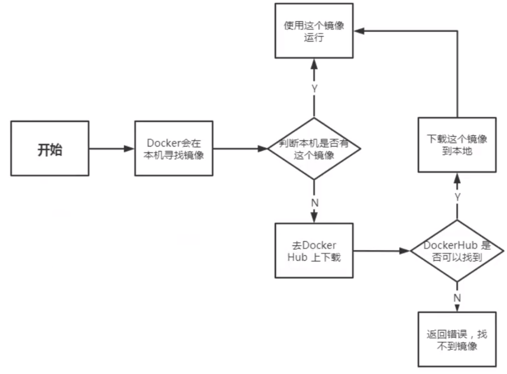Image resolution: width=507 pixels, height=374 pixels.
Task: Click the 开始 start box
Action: pos(49,148)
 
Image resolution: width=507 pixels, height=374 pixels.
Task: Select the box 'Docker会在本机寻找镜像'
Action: pos(174,148)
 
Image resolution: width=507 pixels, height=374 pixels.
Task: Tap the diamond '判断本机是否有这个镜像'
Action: pos(314,149)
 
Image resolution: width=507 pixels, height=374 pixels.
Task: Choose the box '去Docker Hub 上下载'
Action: pos(314,251)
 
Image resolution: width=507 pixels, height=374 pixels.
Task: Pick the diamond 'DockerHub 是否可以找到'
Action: pos(457,251)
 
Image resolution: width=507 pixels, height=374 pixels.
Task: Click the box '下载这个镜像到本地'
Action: pos(457,145)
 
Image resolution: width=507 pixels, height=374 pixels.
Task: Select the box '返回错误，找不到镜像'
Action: pos(457,340)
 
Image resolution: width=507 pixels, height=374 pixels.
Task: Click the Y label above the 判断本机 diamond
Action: pos(314,89)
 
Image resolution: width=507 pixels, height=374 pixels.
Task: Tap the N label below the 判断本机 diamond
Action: pos(314,202)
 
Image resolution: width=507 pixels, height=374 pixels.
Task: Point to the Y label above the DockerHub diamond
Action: pos(457,197)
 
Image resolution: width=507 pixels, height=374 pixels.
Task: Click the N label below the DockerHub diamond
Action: pos(457,298)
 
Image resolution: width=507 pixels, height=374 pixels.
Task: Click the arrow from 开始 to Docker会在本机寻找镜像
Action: pos(112,149)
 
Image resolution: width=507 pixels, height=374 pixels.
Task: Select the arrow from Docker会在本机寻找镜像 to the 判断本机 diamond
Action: pos(241,149)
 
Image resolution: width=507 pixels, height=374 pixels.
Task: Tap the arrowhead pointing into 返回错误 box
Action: pos(457,308)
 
